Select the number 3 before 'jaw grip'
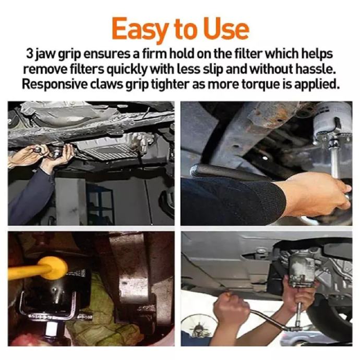coord(29,54)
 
